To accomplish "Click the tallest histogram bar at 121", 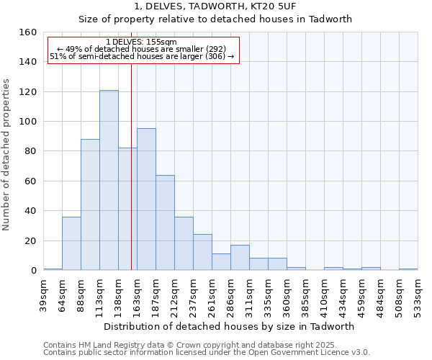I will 109,180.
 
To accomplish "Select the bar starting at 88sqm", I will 90,204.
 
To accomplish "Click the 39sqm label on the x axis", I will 44,294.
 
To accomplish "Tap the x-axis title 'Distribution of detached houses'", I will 229,326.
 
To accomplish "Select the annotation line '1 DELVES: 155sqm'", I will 140,42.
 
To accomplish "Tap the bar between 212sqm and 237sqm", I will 184,243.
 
